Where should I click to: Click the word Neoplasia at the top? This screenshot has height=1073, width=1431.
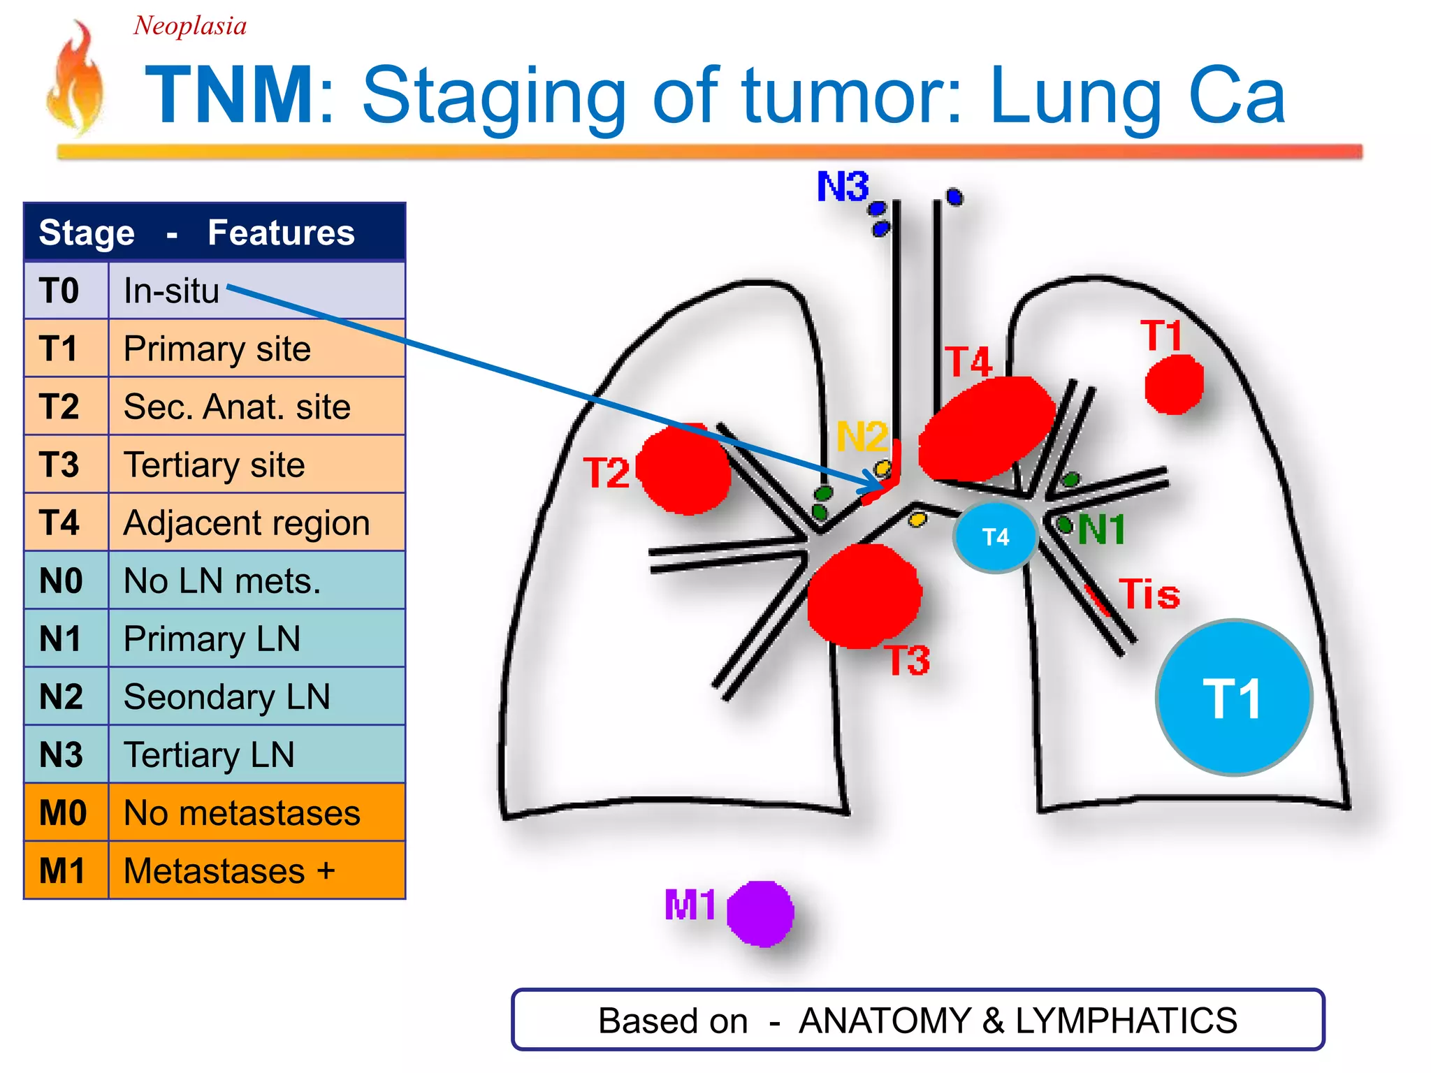[190, 26]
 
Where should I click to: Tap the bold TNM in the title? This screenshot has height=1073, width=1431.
[231, 95]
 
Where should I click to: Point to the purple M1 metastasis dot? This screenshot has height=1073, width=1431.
[760, 914]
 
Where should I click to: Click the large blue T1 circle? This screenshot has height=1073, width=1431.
[1234, 697]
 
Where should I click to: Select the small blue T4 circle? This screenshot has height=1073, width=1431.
[995, 536]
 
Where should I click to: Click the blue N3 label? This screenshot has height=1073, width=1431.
[843, 187]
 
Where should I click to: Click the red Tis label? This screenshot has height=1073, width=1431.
[1149, 594]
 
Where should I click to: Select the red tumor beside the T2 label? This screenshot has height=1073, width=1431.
[683, 469]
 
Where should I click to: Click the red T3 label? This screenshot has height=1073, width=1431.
[908, 660]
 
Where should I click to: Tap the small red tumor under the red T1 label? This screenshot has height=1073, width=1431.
[1174, 384]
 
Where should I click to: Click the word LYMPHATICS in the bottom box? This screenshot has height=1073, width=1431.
[1126, 1021]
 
